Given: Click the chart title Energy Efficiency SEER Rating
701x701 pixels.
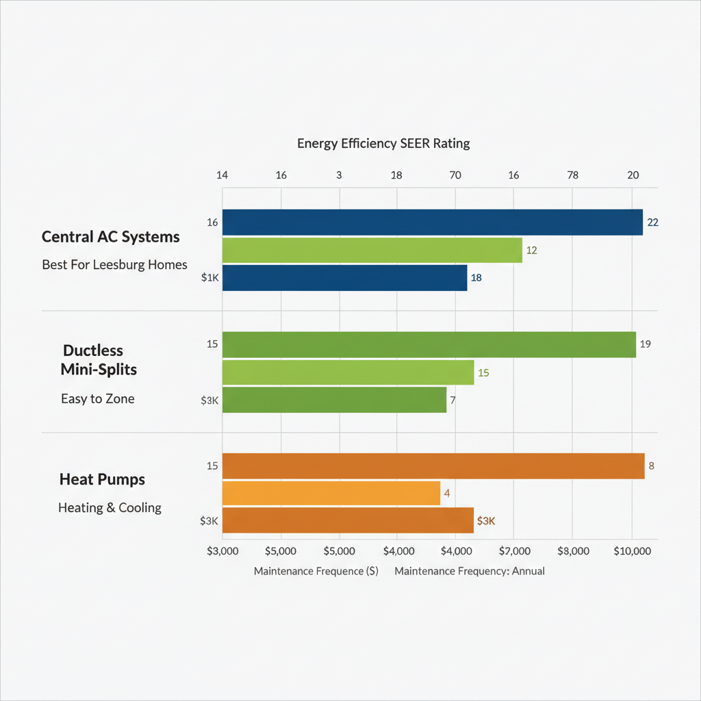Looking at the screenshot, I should (383, 144).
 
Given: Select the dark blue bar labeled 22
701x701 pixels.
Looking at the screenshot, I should (432, 222).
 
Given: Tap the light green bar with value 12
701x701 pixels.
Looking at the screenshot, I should (372, 251).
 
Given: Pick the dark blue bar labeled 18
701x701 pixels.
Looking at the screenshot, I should (344, 278).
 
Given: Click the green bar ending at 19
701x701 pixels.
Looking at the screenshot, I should (429, 344).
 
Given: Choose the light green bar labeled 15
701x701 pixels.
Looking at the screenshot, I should (348, 372).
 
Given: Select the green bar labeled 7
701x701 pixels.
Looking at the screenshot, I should (334, 400).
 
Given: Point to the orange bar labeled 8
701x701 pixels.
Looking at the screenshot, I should (433, 466).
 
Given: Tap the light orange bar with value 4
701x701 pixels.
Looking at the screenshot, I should (331, 493).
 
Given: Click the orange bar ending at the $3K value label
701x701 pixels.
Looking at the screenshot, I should (348, 521).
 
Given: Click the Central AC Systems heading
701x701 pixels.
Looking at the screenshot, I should (111, 237).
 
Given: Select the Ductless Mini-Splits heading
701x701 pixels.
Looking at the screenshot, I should (99, 360).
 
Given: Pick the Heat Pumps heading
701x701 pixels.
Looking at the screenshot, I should (102, 479).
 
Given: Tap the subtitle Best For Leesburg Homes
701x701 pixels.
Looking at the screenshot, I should (114, 264).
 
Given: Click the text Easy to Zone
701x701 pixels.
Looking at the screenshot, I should (98, 398).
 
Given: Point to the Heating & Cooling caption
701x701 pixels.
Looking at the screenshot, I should (110, 508).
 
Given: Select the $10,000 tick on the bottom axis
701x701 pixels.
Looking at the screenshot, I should (631, 550).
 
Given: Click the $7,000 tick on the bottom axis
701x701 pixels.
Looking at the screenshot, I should (515, 550).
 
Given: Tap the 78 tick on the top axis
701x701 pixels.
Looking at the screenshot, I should (573, 175).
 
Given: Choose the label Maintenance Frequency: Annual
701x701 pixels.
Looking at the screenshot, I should (470, 571).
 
